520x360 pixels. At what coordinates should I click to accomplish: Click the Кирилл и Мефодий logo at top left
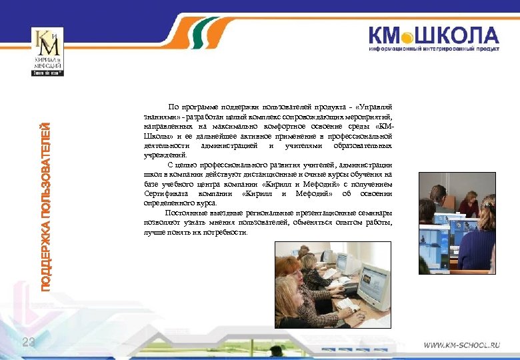47,52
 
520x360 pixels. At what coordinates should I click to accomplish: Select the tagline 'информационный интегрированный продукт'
435,49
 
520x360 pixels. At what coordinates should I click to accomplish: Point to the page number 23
28,342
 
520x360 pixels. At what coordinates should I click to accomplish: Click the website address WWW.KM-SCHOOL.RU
462,346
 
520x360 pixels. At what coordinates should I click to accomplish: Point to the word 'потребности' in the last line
224,232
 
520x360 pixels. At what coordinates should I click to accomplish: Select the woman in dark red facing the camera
469,204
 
